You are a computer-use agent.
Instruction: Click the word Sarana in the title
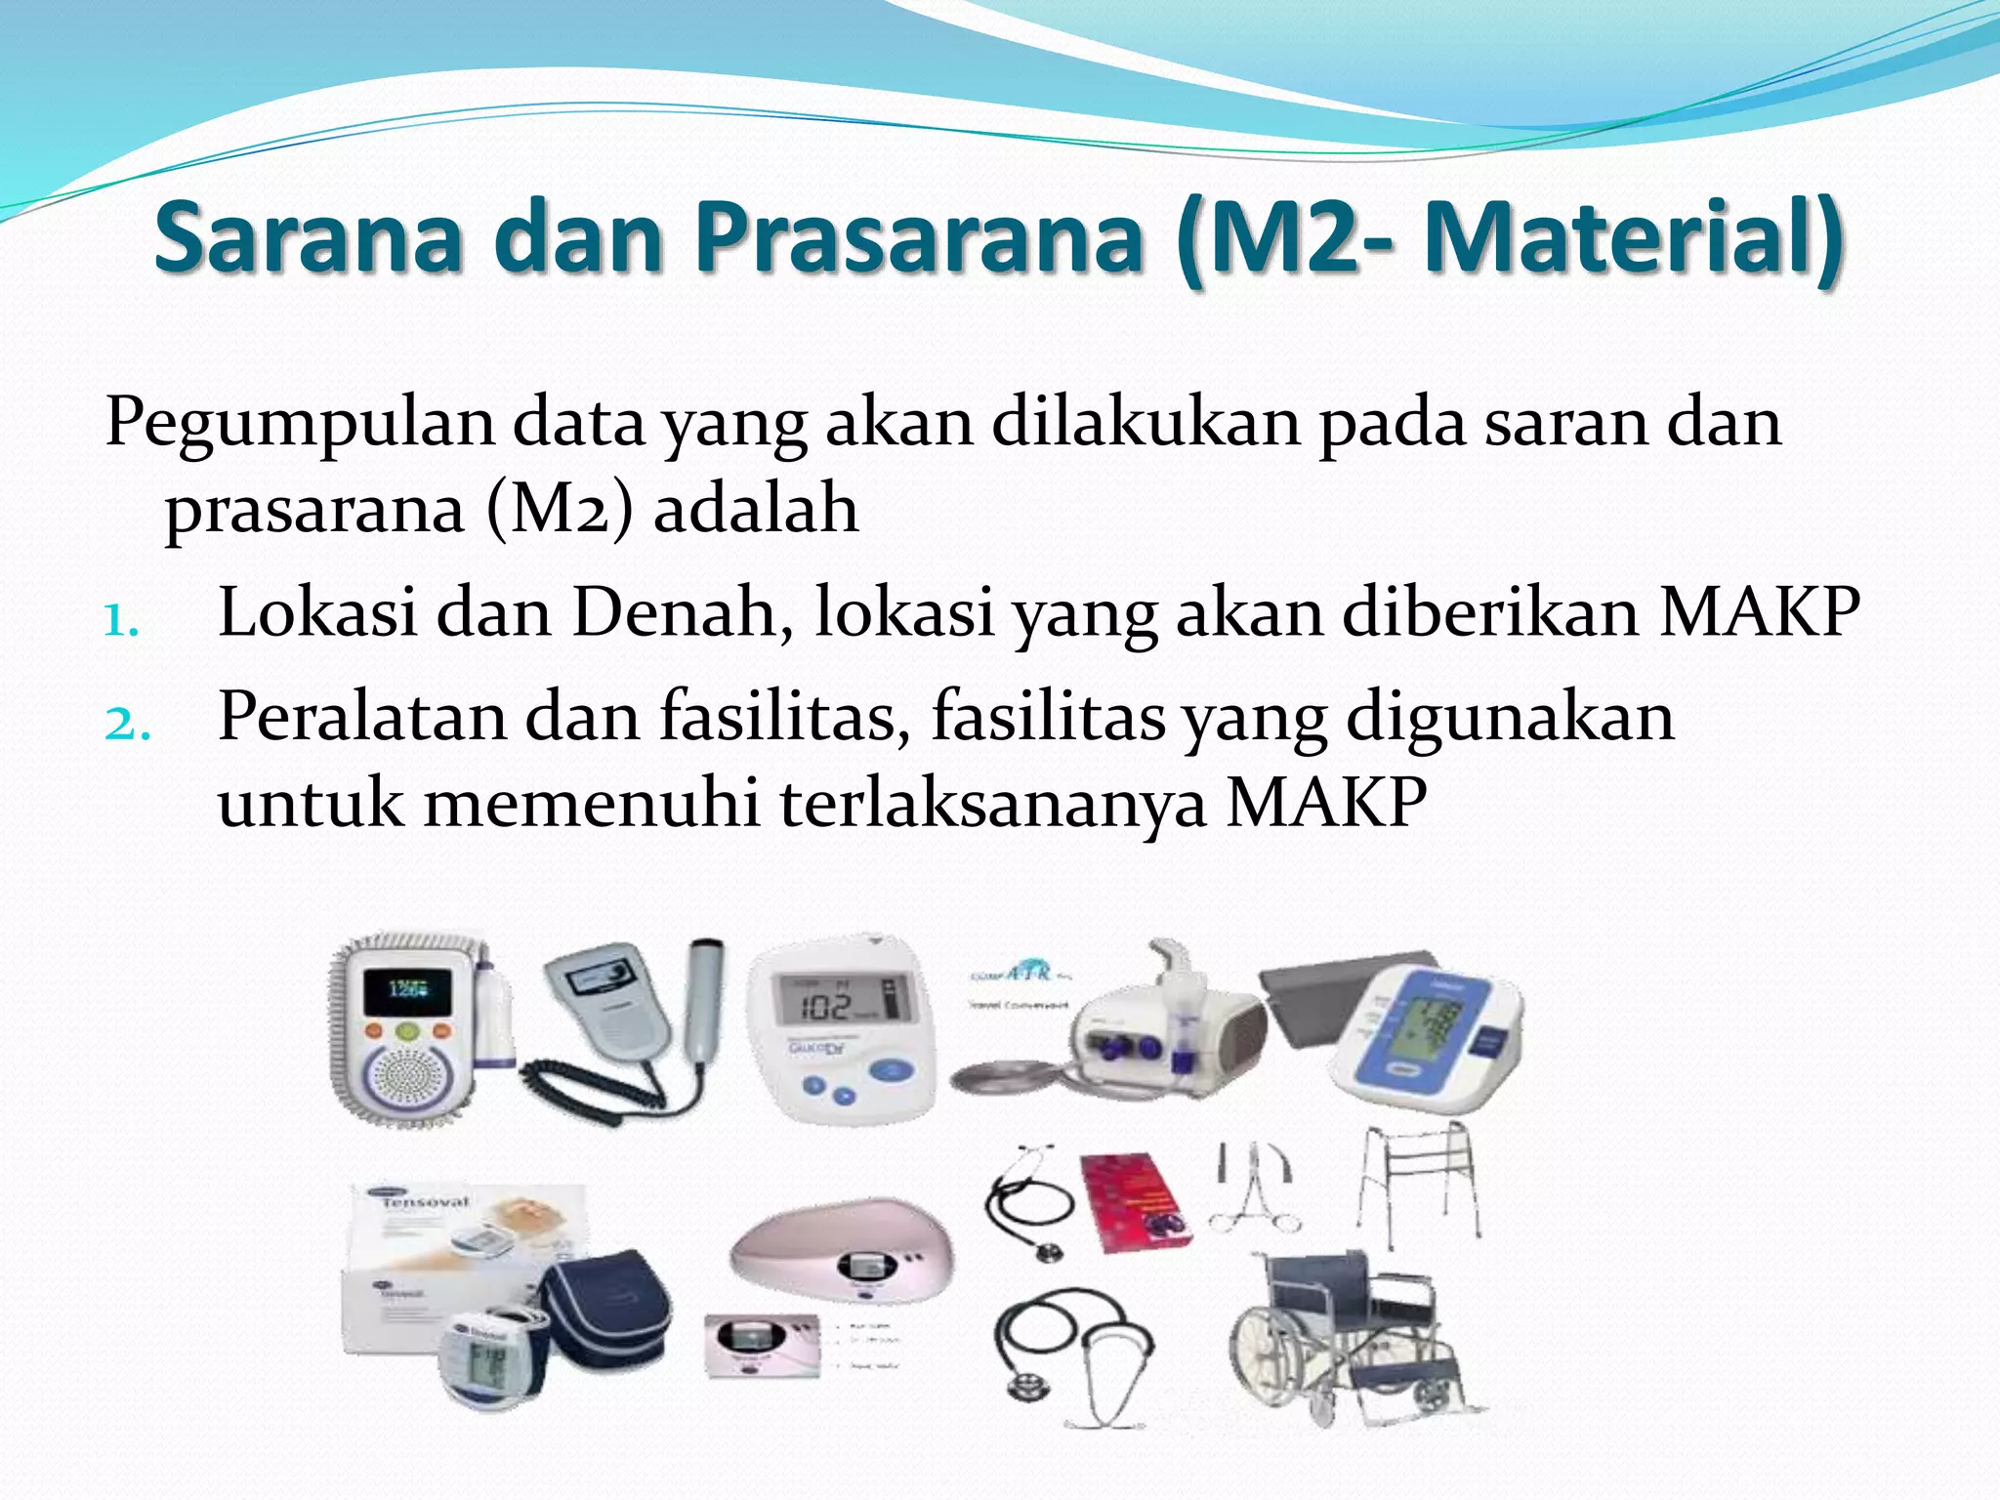(x=307, y=237)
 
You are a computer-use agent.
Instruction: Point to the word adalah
(x=756, y=510)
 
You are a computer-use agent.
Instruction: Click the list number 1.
(x=121, y=619)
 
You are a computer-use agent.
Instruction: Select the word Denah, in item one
(x=682, y=613)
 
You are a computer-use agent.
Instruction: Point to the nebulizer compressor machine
(x=1162, y=1035)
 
